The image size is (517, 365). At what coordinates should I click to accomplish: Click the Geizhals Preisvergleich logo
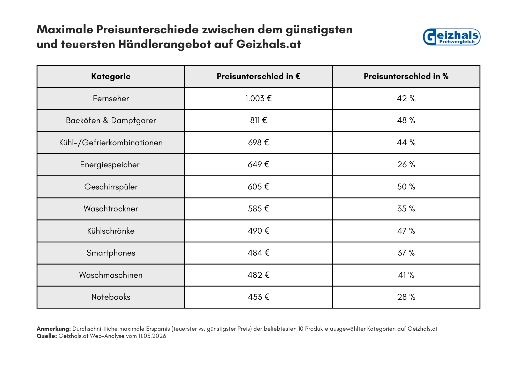[x=451, y=37]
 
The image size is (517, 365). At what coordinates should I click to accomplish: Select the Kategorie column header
[x=111, y=76]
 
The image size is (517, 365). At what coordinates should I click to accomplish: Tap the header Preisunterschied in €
[x=258, y=76]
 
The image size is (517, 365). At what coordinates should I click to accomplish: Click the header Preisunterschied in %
[x=406, y=76]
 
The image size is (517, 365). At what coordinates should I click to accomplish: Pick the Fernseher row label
[x=111, y=99]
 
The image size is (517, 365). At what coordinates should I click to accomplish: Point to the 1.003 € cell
[x=258, y=99]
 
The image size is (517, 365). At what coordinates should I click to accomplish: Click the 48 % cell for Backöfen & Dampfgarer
[x=406, y=121]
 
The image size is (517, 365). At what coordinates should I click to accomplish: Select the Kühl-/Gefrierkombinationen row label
[x=111, y=143]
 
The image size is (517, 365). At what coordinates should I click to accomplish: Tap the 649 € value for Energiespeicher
[x=258, y=165]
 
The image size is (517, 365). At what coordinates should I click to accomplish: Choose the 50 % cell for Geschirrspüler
[x=406, y=187]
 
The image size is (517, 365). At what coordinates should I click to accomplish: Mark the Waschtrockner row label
[x=111, y=209]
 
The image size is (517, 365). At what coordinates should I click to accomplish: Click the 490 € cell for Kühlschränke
[x=258, y=231]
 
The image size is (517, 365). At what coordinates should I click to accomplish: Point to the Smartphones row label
[x=111, y=253]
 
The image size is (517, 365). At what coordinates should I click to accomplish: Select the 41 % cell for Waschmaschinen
[x=406, y=275]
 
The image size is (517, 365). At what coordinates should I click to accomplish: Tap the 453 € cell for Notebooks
[x=258, y=297]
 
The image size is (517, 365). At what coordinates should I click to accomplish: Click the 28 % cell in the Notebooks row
[x=406, y=297]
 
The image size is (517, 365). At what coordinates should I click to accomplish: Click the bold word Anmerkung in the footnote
[x=54, y=329]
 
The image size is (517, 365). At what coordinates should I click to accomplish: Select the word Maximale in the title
[x=65, y=30]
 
